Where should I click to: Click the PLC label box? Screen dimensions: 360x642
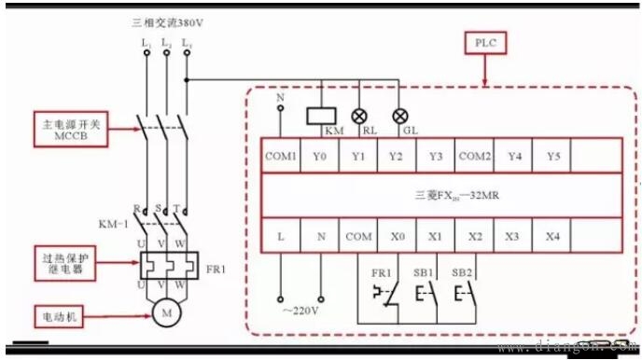click(x=487, y=43)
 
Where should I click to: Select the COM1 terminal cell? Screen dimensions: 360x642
click(x=281, y=157)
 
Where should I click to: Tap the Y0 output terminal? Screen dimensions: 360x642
click(x=321, y=157)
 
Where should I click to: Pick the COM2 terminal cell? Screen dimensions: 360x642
click(x=475, y=157)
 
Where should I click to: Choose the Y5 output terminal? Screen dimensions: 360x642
click(x=553, y=157)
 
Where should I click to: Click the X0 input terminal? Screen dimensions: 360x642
click(x=399, y=237)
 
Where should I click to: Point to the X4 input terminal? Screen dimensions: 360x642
click(x=553, y=237)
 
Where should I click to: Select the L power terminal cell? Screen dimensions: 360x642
click(x=281, y=237)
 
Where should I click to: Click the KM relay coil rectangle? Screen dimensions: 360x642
click(x=321, y=117)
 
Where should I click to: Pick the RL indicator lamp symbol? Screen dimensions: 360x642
click(x=360, y=117)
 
